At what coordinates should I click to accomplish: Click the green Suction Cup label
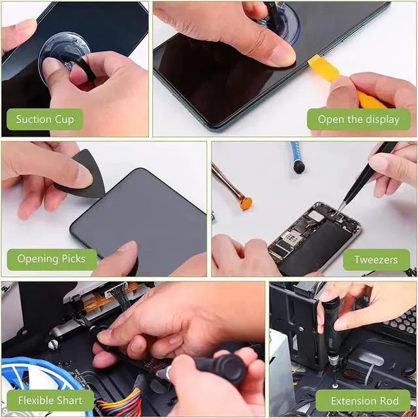[x=45, y=119]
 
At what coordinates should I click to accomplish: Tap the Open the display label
[x=359, y=119]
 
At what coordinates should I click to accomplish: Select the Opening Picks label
[x=52, y=259]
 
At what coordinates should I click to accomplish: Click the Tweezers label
[x=376, y=259]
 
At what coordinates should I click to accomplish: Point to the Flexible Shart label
[x=50, y=400]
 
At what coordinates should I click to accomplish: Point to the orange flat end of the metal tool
[x=246, y=203]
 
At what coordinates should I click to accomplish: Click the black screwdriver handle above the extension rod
[x=330, y=325]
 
